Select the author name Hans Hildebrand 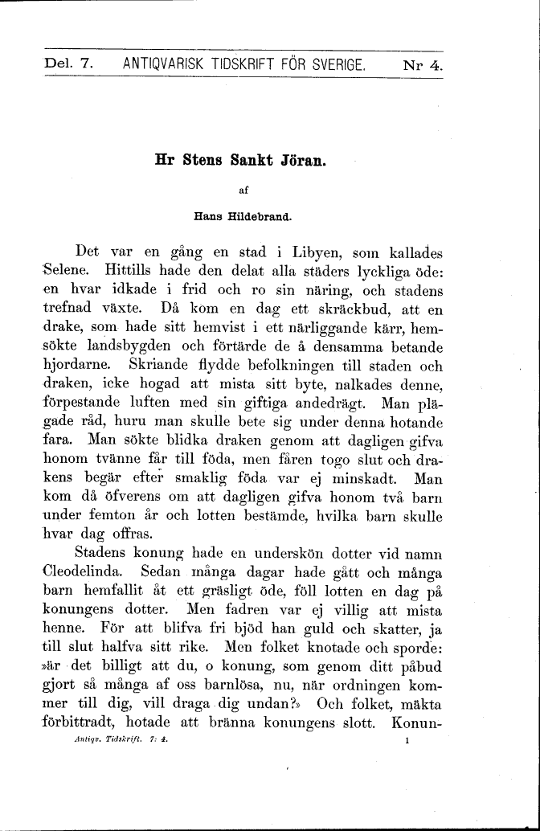241,215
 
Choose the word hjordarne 78,365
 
